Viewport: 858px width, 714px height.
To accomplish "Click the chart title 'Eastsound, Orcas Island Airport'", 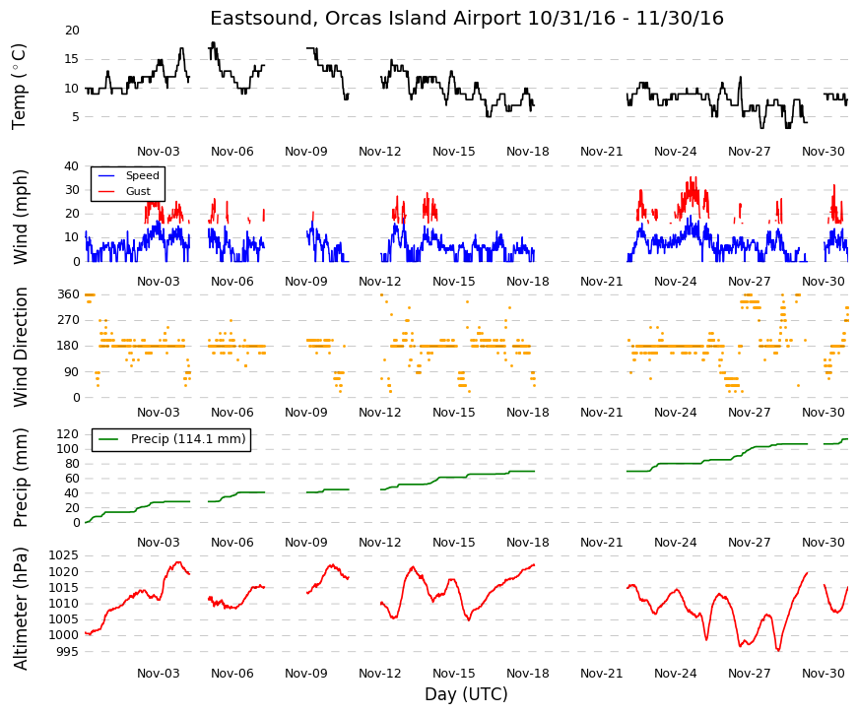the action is pyautogui.click(x=365, y=18).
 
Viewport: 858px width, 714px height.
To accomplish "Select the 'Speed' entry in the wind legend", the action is pyautogui.click(x=142, y=175).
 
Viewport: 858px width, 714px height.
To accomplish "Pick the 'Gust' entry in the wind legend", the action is pyautogui.click(x=138, y=191).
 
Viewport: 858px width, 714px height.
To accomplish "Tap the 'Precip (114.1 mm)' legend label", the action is pyautogui.click(x=188, y=439).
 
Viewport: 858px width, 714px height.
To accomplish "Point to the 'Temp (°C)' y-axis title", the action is pyautogui.click(x=19, y=87).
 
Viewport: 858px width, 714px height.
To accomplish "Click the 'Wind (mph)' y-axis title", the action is pyautogui.click(x=21, y=217).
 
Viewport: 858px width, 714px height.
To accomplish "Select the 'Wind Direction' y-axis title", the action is pyautogui.click(x=21, y=347).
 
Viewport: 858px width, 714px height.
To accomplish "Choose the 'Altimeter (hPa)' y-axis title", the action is pyautogui.click(x=21, y=609).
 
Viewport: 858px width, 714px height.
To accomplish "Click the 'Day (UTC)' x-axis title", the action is pyautogui.click(x=466, y=693).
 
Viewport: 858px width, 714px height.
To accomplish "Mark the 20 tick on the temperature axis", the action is pyautogui.click(x=72, y=31).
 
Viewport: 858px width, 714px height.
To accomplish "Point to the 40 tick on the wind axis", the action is pyautogui.click(x=72, y=165).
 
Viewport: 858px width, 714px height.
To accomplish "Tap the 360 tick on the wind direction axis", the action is pyautogui.click(x=69, y=294).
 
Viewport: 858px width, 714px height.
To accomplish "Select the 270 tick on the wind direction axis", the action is pyautogui.click(x=69, y=320).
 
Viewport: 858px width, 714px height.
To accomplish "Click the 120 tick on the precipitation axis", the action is pyautogui.click(x=69, y=434).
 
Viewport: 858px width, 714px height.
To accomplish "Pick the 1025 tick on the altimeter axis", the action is pyautogui.click(x=64, y=555).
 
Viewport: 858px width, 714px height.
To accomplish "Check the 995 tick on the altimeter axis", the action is pyautogui.click(x=68, y=652).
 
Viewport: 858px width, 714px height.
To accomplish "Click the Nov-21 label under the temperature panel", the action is pyautogui.click(x=601, y=151).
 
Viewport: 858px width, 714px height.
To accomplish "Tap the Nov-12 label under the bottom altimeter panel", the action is pyautogui.click(x=380, y=673).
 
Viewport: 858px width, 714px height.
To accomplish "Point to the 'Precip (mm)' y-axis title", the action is pyautogui.click(x=21, y=478).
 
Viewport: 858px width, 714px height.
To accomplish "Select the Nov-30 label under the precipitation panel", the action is pyautogui.click(x=823, y=543).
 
